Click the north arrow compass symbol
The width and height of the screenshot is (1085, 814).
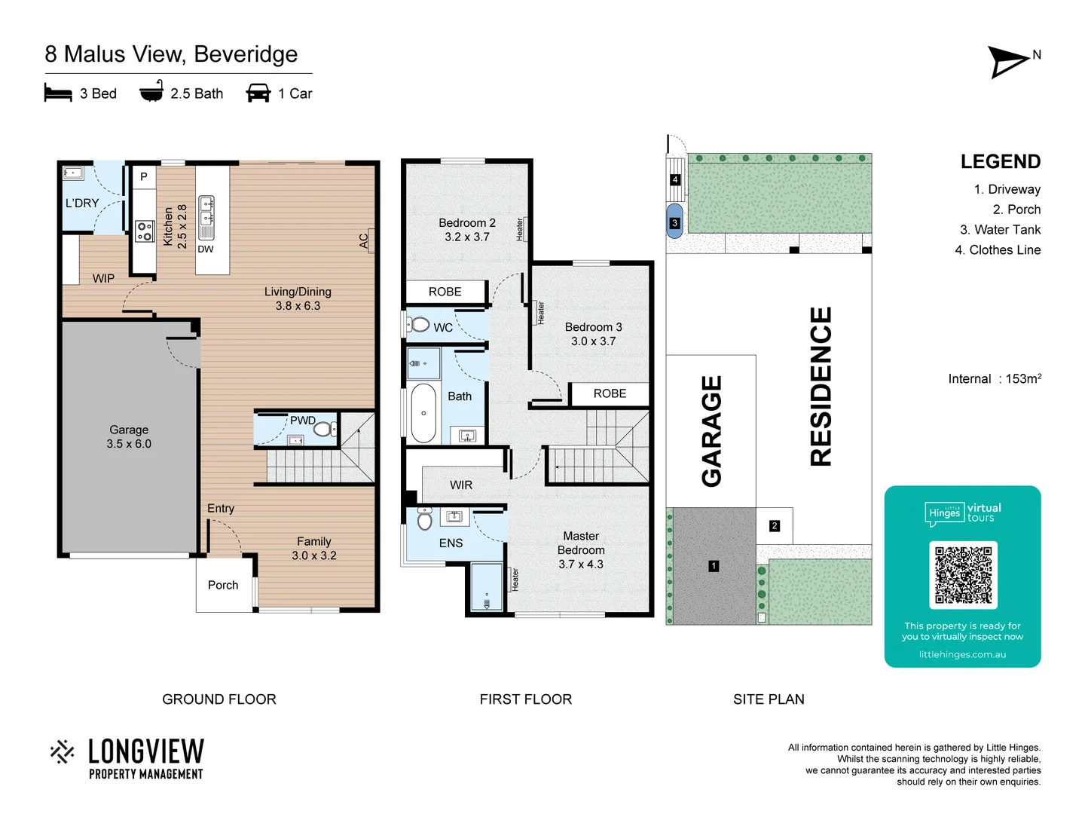pyautogui.click(x=1008, y=62)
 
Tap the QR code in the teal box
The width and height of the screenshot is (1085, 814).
pyautogui.click(x=963, y=575)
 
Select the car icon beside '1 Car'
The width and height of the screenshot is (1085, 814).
pyautogui.click(x=258, y=93)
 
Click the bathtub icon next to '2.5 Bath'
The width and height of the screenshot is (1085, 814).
pyautogui.click(x=151, y=92)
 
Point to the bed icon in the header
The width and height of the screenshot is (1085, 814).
pyautogui.click(x=58, y=93)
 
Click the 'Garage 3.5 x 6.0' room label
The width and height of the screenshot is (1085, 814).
pyautogui.click(x=129, y=436)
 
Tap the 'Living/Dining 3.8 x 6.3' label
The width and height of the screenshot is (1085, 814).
pyautogui.click(x=298, y=298)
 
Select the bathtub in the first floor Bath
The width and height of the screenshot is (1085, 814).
pyautogui.click(x=423, y=413)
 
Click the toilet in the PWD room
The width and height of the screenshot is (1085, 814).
pyautogui.click(x=323, y=430)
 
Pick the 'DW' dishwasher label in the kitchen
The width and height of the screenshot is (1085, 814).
pyautogui.click(x=206, y=249)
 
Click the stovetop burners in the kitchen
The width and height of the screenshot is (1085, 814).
pyautogui.click(x=144, y=231)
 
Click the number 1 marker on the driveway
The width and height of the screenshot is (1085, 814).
pyautogui.click(x=714, y=565)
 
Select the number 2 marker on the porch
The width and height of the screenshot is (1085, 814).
pyautogui.click(x=775, y=525)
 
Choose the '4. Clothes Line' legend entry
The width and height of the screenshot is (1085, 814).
pyautogui.click(x=998, y=249)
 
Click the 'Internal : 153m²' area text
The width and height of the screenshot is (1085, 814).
pyautogui.click(x=995, y=378)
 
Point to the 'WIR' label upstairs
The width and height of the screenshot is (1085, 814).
pyautogui.click(x=461, y=485)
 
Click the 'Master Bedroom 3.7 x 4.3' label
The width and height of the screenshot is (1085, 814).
pyautogui.click(x=581, y=550)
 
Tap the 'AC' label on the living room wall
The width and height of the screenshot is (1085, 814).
pyautogui.click(x=364, y=241)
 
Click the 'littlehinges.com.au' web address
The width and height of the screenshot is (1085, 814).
pyautogui.click(x=962, y=654)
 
